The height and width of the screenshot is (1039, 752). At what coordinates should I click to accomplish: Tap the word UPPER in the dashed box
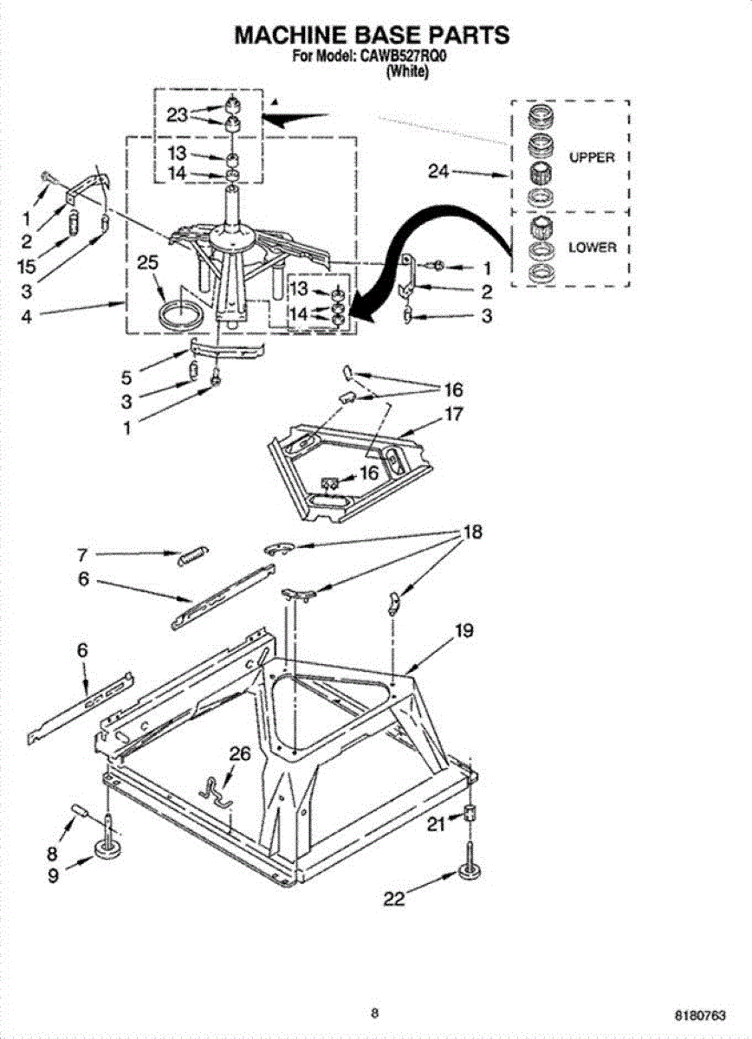pyautogui.click(x=592, y=158)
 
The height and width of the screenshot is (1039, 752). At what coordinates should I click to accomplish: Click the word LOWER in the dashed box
pyautogui.click(x=593, y=248)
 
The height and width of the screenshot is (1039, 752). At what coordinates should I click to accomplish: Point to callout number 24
pyautogui.click(x=438, y=171)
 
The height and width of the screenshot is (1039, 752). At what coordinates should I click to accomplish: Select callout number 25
pyautogui.click(x=148, y=263)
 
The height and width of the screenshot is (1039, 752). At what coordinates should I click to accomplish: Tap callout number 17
pyautogui.click(x=453, y=414)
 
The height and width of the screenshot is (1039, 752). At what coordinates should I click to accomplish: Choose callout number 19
pyautogui.click(x=464, y=631)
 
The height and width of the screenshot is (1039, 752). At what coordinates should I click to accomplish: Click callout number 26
pyautogui.click(x=239, y=754)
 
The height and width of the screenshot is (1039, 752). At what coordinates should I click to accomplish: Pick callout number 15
pyautogui.click(x=27, y=267)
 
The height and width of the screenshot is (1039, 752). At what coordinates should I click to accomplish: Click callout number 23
pyautogui.click(x=177, y=115)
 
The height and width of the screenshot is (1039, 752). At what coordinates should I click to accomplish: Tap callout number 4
pyautogui.click(x=27, y=317)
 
